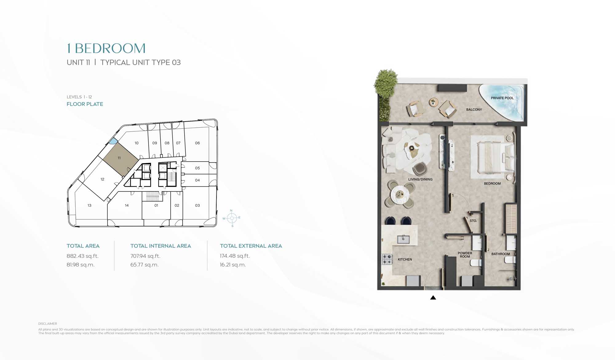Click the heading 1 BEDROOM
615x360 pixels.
coord(106,48)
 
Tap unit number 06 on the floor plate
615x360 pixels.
coord(197,143)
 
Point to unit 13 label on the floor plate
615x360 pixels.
coord(89,206)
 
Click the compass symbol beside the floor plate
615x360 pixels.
coord(232,218)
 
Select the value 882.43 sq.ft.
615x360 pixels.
coord(82,256)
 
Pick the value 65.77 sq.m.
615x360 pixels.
coord(145,265)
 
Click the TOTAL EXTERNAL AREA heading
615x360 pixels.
coord(251,246)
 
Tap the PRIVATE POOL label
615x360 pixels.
coord(502,98)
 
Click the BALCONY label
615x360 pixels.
coord(474,110)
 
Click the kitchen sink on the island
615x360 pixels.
coord(403,239)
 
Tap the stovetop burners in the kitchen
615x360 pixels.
coord(387,259)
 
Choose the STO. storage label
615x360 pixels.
coord(473,221)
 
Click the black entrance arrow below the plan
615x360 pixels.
coord(433,298)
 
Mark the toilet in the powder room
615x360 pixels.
coord(476,263)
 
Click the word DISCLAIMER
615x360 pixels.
coord(48,324)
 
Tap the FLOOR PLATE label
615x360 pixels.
coord(85,104)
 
